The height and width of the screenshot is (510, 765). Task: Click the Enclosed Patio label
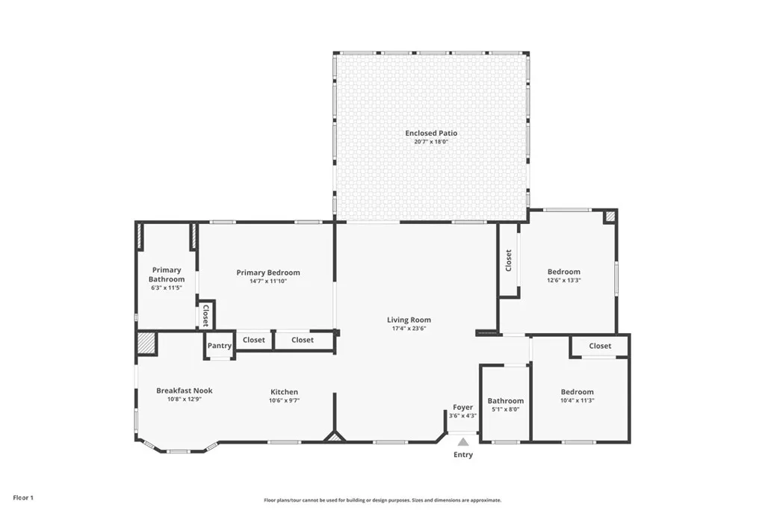[x=431, y=133]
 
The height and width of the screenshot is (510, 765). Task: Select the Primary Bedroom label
[x=268, y=273]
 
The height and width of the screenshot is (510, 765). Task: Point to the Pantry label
[x=220, y=346]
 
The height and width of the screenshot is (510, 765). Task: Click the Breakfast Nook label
[x=185, y=391]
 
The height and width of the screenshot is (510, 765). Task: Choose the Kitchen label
[x=284, y=391]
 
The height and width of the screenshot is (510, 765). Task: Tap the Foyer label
[x=462, y=407]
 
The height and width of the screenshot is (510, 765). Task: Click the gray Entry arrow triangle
[x=463, y=442]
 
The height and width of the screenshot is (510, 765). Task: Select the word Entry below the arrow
[x=463, y=455]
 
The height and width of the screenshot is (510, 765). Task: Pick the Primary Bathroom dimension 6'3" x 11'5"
[x=167, y=287]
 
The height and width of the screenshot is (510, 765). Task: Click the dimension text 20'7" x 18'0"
[x=431, y=141]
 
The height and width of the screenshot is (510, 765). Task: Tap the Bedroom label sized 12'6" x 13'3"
[x=563, y=272]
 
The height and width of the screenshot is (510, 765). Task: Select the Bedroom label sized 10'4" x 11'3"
[x=577, y=392]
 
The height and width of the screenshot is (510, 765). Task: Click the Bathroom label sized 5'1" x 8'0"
[x=506, y=401]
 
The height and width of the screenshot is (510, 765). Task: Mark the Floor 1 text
[x=22, y=497]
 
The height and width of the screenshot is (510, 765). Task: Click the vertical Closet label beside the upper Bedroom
[x=509, y=260]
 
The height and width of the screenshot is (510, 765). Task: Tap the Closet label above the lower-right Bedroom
[x=600, y=346]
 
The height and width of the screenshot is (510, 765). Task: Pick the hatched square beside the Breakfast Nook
[x=146, y=343]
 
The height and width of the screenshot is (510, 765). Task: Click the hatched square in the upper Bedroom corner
[x=610, y=216]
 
